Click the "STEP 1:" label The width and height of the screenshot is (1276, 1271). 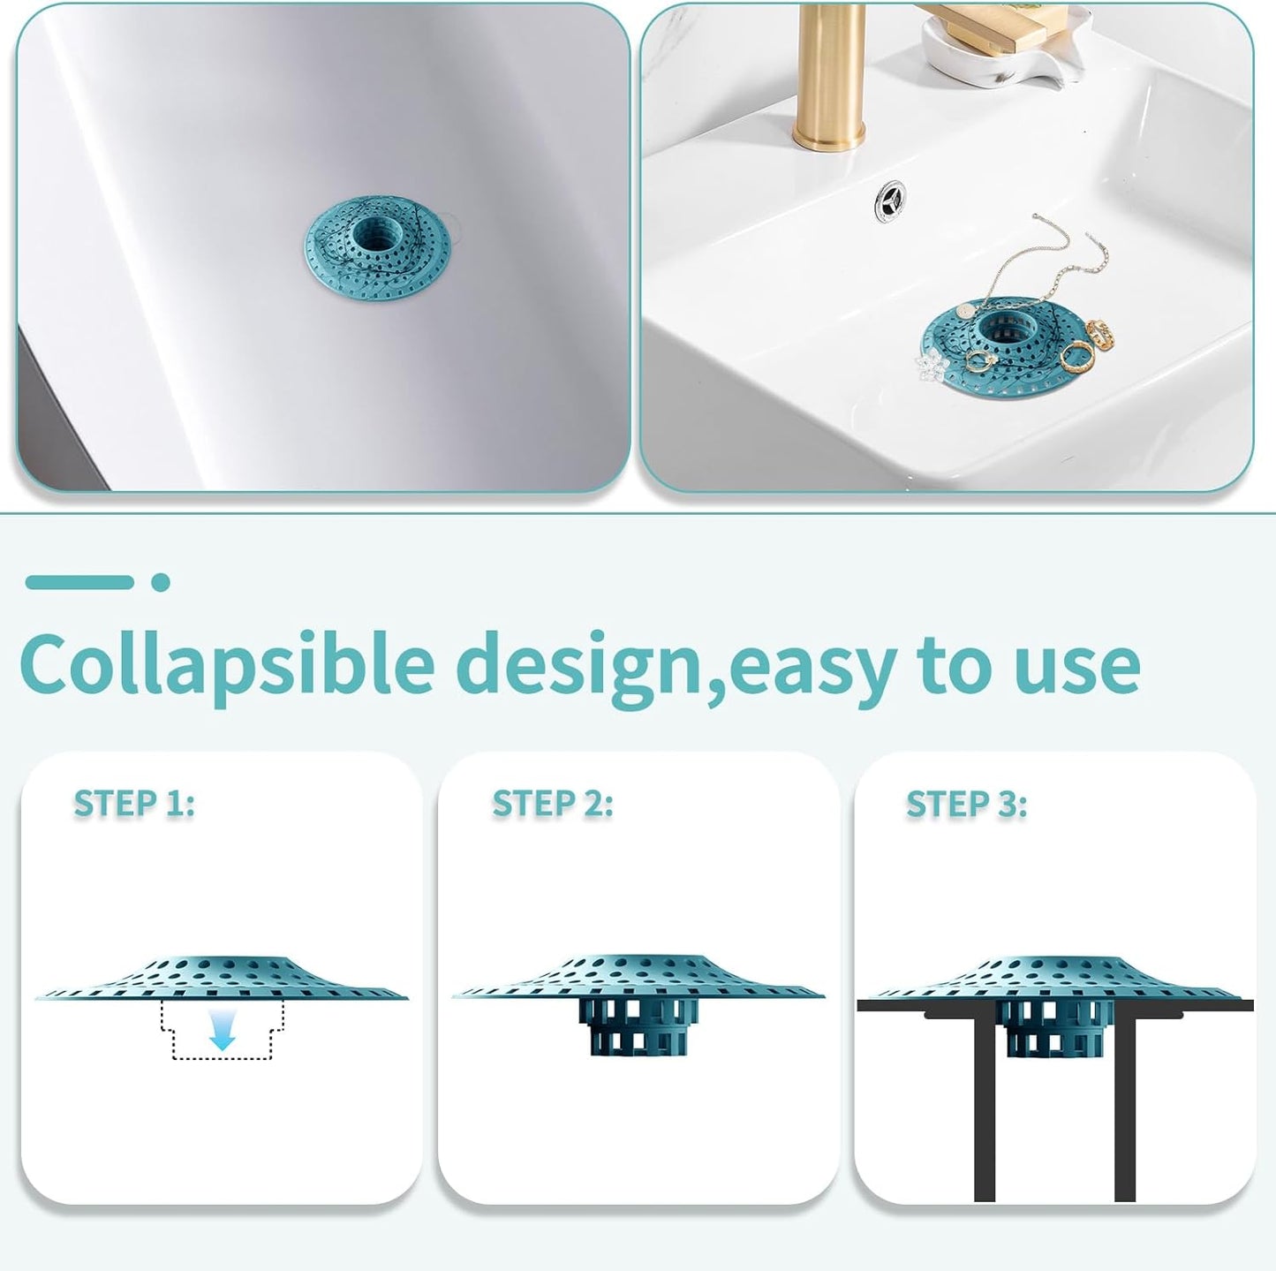133,804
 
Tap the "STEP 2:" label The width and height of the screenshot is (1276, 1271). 552,804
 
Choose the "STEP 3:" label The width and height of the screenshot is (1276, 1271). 966,805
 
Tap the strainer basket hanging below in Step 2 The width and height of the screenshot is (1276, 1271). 638,1026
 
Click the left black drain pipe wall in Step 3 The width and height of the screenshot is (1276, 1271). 985,1104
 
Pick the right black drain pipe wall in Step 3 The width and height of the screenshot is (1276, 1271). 1124,1104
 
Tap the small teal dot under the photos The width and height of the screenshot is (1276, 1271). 160,582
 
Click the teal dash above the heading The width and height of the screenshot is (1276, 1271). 79,582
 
